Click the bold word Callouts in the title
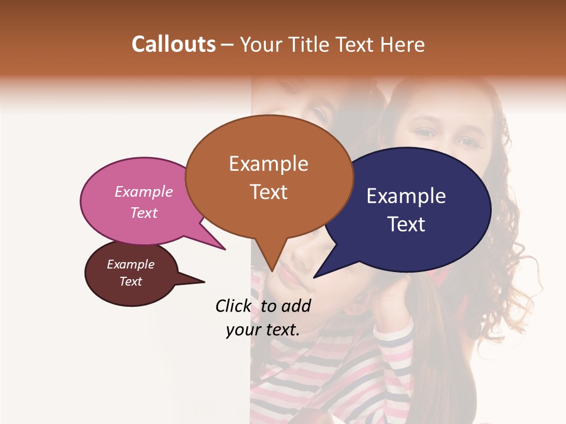coord(173,44)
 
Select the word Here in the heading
coord(403,44)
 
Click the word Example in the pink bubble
coord(144,191)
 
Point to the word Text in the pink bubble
coord(144,213)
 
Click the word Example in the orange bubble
coord(268,164)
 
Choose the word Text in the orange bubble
coord(268,192)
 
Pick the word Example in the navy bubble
coord(406,196)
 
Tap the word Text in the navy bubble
coord(406,224)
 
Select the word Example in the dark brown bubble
coord(131,264)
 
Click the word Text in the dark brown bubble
coord(131,281)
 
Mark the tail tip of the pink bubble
coord(224,249)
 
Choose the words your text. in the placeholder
coord(263,330)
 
